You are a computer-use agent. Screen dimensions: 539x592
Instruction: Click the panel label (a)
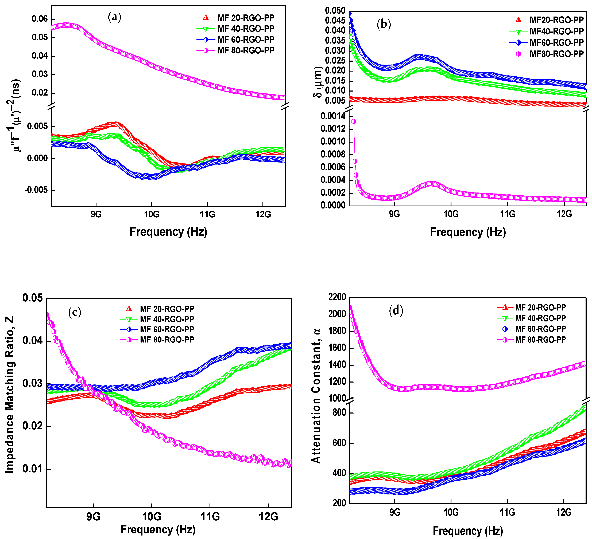[x=115, y=17]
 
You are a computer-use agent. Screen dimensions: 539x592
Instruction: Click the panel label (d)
[x=396, y=310]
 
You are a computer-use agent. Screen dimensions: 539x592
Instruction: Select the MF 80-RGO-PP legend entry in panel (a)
[x=246, y=50]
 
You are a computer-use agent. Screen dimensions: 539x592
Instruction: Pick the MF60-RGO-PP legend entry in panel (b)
[x=556, y=42]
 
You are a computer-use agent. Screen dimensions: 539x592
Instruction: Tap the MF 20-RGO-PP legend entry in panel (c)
[x=167, y=309]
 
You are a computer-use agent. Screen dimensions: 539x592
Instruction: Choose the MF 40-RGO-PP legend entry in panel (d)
[x=540, y=318]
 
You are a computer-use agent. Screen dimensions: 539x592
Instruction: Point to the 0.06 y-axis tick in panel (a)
[x=40, y=19]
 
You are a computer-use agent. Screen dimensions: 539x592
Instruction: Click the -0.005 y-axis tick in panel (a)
[x=36, y=190]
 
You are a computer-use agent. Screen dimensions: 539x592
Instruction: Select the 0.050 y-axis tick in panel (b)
[x=335, y=11]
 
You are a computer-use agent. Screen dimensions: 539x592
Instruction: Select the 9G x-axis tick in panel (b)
[x=394, y=214]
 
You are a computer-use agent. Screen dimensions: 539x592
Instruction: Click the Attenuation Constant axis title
[x=316, y=396]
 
